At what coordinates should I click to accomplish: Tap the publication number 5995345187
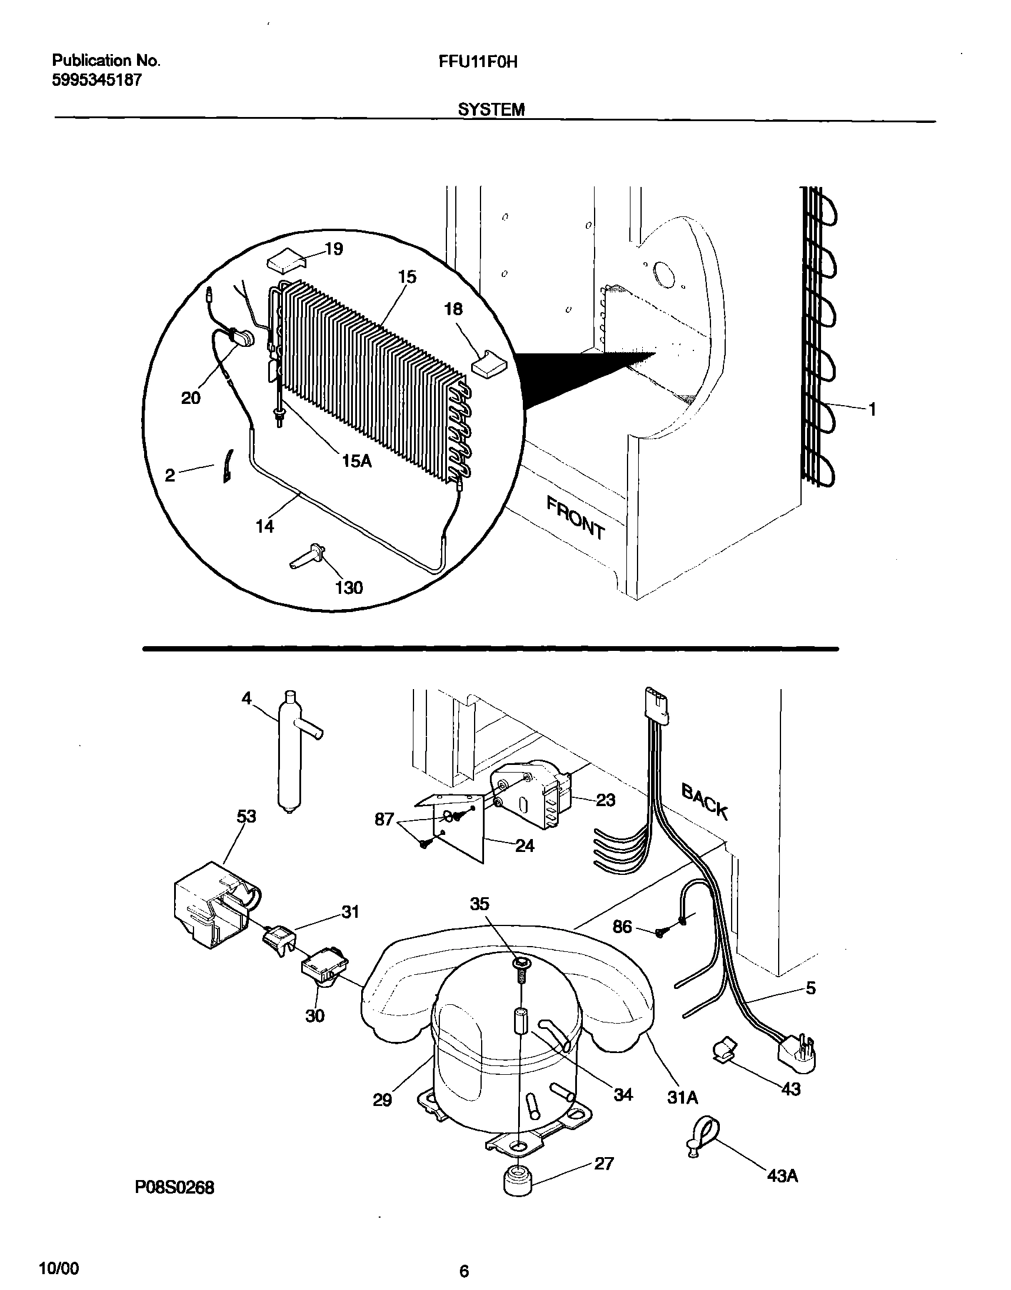coord(97,81)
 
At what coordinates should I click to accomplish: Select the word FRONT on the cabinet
coord(575,519)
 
